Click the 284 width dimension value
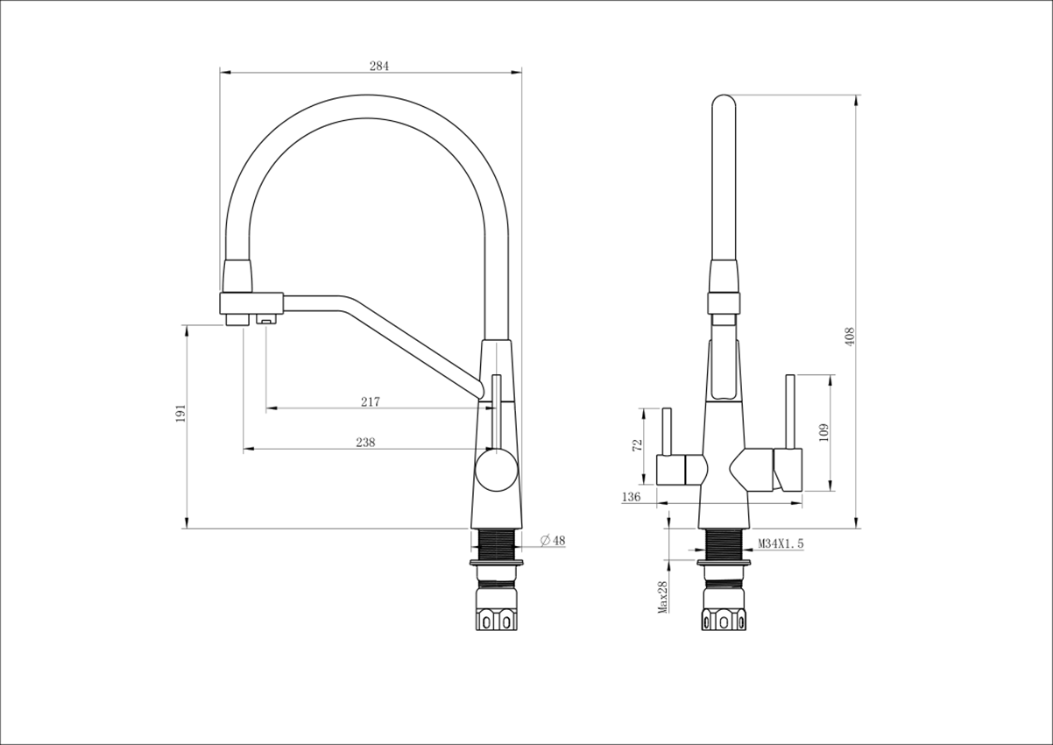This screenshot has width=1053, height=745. (379, 67)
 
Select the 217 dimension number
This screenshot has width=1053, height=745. (371, 401)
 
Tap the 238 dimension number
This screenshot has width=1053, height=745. (365, 442)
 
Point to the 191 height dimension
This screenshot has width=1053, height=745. (181, 413)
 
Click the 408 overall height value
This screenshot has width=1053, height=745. (850, 337)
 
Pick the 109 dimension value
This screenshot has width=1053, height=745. (823, 432)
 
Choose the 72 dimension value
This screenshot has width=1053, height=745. (637, 445)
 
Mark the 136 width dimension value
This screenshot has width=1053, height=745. (631, 497)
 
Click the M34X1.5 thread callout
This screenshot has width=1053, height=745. (781, 543)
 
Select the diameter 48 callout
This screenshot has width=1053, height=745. (553, 541)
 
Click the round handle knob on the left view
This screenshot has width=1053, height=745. (497, 471)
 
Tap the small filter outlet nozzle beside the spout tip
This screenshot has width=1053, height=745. (265, 320)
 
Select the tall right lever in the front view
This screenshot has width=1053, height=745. (790, 412)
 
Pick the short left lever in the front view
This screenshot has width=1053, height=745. (666, 432)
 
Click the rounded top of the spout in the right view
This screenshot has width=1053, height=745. (724, 104)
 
